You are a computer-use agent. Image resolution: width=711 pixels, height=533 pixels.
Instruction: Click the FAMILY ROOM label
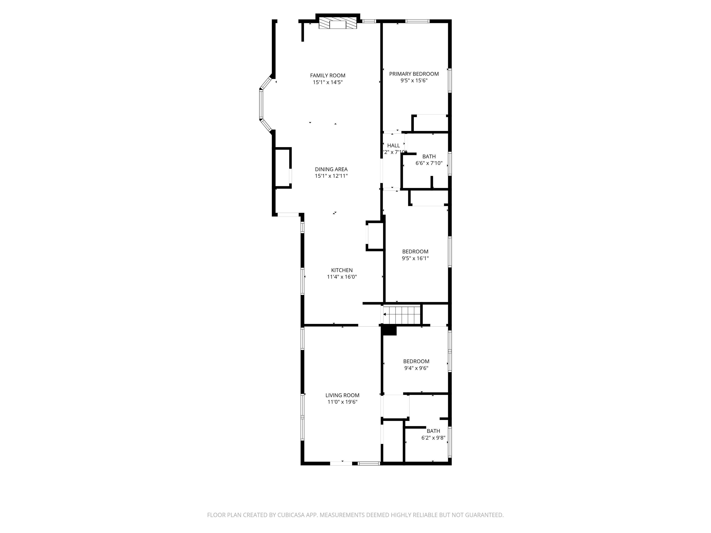click(327, 75)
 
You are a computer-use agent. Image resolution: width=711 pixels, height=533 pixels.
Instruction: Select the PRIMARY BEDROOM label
click(414, 74)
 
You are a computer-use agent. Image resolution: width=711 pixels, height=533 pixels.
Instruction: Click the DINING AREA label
click(331, 169)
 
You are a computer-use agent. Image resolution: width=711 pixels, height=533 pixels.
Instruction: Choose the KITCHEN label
click(342, 270)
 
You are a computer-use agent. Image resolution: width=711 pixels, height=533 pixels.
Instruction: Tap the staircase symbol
click(402, 315)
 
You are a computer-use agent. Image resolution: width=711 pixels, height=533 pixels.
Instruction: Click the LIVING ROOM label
click(342, 395)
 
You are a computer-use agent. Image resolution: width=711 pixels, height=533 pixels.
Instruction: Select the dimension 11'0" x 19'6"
click(342, 402)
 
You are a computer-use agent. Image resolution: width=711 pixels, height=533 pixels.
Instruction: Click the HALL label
click(393, 146)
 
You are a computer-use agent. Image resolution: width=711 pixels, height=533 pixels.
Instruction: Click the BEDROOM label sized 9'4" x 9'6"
click(416, 361)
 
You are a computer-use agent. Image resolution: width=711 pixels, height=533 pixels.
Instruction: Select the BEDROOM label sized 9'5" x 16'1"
click(415, 251)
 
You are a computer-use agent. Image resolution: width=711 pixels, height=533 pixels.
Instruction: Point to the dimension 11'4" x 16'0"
click(342, 277)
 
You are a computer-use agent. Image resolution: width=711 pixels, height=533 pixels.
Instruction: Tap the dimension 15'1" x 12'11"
click(331, 176)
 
